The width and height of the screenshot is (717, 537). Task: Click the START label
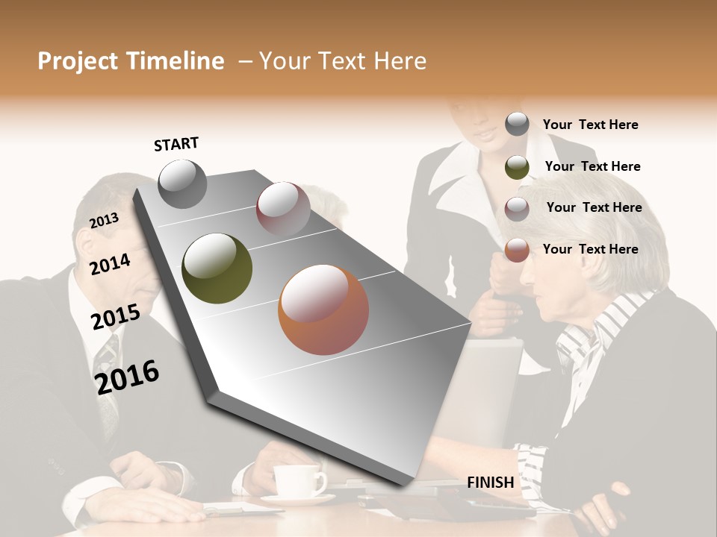tap(176, 144)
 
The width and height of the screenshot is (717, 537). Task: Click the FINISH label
tap(491, 483)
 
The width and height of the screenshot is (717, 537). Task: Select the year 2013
tap(105, 220)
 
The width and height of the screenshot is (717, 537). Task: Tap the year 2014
tap(111, 264)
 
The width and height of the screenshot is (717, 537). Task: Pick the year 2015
tap(116, 317)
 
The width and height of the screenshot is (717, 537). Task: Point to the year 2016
tap(128, 377)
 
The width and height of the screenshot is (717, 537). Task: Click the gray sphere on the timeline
tap(183, 183)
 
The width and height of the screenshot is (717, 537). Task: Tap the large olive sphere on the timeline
tap(217, 268)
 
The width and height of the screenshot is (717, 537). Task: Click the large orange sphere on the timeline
tap(323, 310)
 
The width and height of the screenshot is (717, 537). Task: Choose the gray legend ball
tap(517, 125)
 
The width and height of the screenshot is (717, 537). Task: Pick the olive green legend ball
tap(517, 167)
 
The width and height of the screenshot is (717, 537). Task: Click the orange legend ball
tap(517, 250)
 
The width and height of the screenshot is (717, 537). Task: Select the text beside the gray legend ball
tap(591, 125)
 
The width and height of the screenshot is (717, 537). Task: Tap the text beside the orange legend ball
tap(591, 249)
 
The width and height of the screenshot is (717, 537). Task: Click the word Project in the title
tap(77, 61)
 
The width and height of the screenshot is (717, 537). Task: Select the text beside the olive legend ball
tap(593, 166)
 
